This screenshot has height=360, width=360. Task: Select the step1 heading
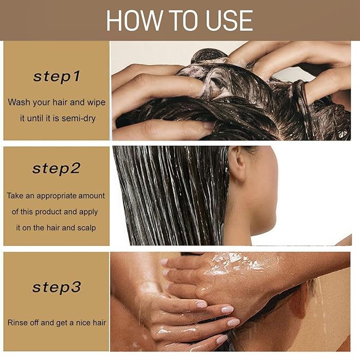coord(56,76)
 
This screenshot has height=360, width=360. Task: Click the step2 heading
coord(56,169)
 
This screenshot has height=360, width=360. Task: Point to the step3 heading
coord(56,287)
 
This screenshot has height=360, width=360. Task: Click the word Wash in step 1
coord(19,102)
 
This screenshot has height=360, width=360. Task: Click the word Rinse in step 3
coord(18,322)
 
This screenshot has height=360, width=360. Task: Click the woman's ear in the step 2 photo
coord(238,165)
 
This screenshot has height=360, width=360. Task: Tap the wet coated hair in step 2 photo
coord(170,196)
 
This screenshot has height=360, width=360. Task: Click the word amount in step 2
coord(93,196)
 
